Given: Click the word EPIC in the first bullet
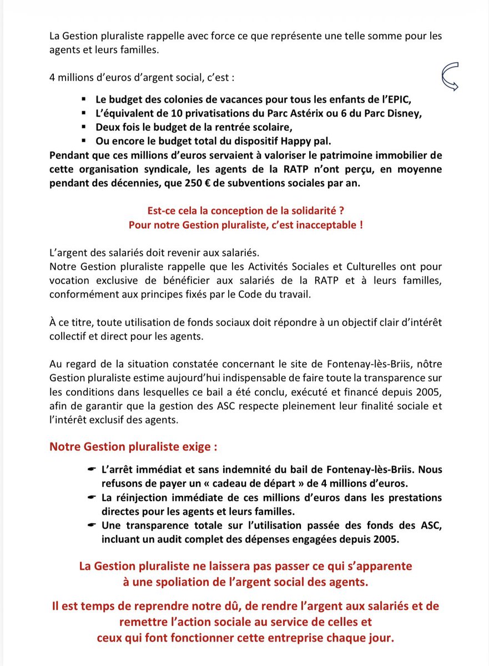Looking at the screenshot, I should point(395,100).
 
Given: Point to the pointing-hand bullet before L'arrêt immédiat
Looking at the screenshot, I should point(92,470).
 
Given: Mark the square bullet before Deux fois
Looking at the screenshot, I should point(84,128).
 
